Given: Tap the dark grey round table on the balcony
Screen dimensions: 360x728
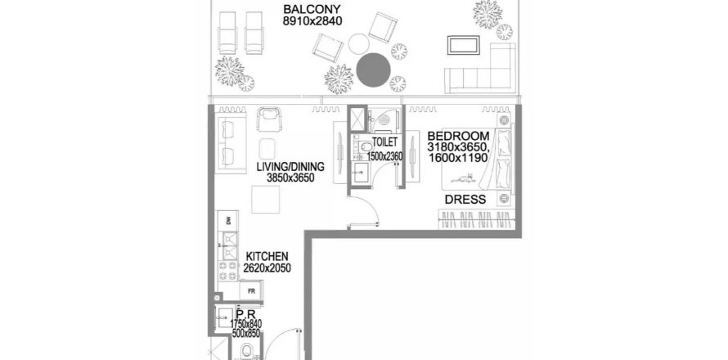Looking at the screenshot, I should (374, 70).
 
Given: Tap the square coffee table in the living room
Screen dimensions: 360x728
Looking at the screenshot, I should (267, 199).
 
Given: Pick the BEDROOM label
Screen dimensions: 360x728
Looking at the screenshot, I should (458, 136).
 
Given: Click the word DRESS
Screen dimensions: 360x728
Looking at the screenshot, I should (465, 200).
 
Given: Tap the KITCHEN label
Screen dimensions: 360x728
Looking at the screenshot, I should (267, 256).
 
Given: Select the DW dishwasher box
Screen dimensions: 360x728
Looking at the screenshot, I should (228, 221).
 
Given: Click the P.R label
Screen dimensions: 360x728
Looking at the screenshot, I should (242, 313).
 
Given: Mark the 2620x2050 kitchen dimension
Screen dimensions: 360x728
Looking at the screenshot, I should (267, 268).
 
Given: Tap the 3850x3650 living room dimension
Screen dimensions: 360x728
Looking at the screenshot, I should (290, 178).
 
